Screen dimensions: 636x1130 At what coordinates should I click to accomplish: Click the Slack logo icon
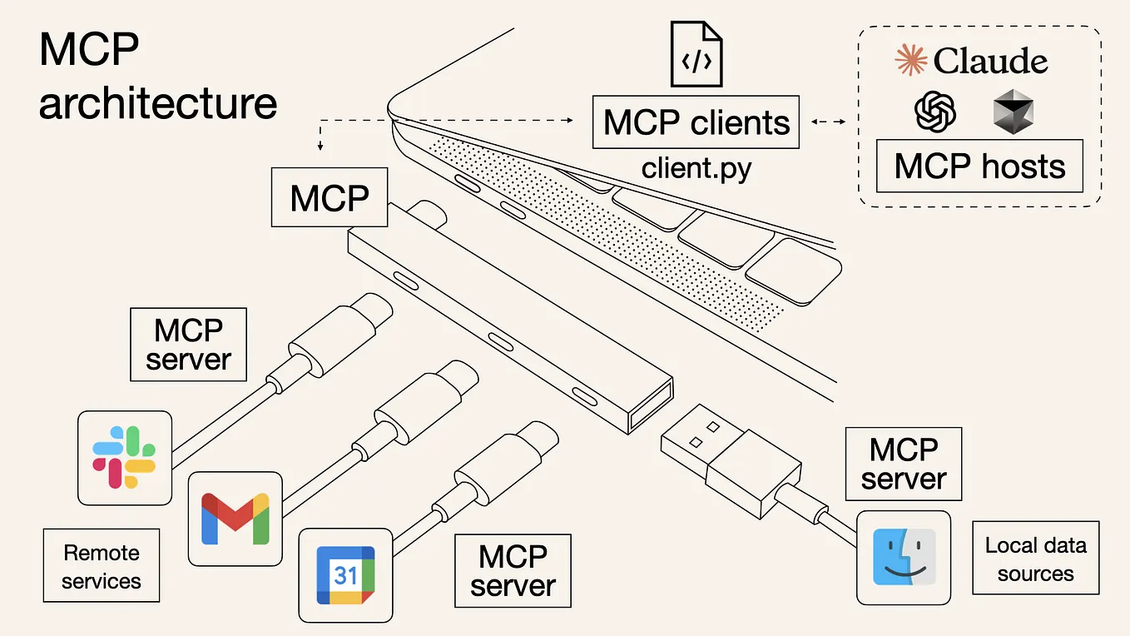[124, 457]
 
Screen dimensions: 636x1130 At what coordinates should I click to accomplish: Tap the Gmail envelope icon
[235, 519]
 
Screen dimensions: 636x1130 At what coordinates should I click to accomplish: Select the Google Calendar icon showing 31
[345, 575]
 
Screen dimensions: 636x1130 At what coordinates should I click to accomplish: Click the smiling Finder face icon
[904, 557]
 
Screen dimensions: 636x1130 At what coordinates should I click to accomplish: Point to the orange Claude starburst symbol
[910, 61]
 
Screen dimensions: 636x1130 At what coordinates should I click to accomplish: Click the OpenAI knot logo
[934, 111]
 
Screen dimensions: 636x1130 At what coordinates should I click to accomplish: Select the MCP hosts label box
[979, 166]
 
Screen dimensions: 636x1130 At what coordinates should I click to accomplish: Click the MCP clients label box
[696, 122]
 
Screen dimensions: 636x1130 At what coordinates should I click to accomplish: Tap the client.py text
[696, 168]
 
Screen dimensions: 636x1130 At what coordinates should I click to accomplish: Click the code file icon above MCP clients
[696, 55]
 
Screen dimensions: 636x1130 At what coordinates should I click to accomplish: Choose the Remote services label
[102, 566]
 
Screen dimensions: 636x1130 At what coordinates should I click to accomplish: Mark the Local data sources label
[1035, 559]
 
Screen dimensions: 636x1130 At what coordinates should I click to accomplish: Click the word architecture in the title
[158, 104]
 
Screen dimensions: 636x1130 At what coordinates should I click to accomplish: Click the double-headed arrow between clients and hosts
[828, 122]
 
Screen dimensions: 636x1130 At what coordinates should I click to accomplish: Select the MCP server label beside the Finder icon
[903, 464]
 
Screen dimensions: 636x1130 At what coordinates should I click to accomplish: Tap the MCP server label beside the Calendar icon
[513, 570]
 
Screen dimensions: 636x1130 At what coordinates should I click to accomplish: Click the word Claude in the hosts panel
[990, 61]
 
